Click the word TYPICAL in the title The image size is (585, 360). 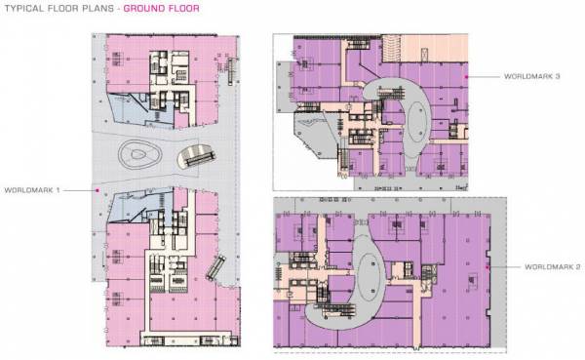(x=24, y=10)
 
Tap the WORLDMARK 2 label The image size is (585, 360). (x=553, y=266)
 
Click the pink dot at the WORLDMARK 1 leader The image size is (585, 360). (x=97, y=190)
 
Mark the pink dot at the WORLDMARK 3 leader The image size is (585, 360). (x=467, y=75)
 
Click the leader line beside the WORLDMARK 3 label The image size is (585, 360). (x=485, y=75)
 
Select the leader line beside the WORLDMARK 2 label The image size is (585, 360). (x=504, y=266)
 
